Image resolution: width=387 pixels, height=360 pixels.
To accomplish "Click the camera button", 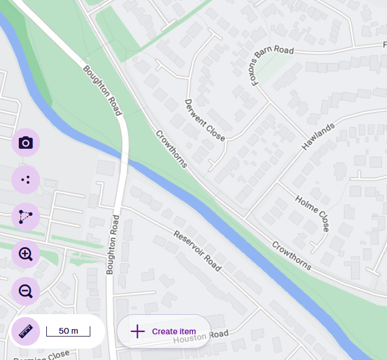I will [x=26, y=143].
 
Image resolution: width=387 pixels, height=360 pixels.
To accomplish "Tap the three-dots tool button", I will [x=26, y=180].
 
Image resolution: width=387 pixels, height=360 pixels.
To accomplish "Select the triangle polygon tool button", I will [x=26, y=217].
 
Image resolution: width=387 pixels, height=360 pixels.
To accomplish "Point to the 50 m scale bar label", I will [x=68, y=331].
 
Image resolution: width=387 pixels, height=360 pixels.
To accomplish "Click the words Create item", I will [x=174, y=331].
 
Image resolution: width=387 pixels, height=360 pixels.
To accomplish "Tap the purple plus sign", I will [x=138, y=331].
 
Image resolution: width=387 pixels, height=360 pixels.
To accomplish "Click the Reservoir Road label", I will [x=197, y=251].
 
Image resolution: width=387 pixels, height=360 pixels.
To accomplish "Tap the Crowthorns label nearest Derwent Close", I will [x=171, y=149].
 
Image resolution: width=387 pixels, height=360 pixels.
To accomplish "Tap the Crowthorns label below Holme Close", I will [x=292, y=255].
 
